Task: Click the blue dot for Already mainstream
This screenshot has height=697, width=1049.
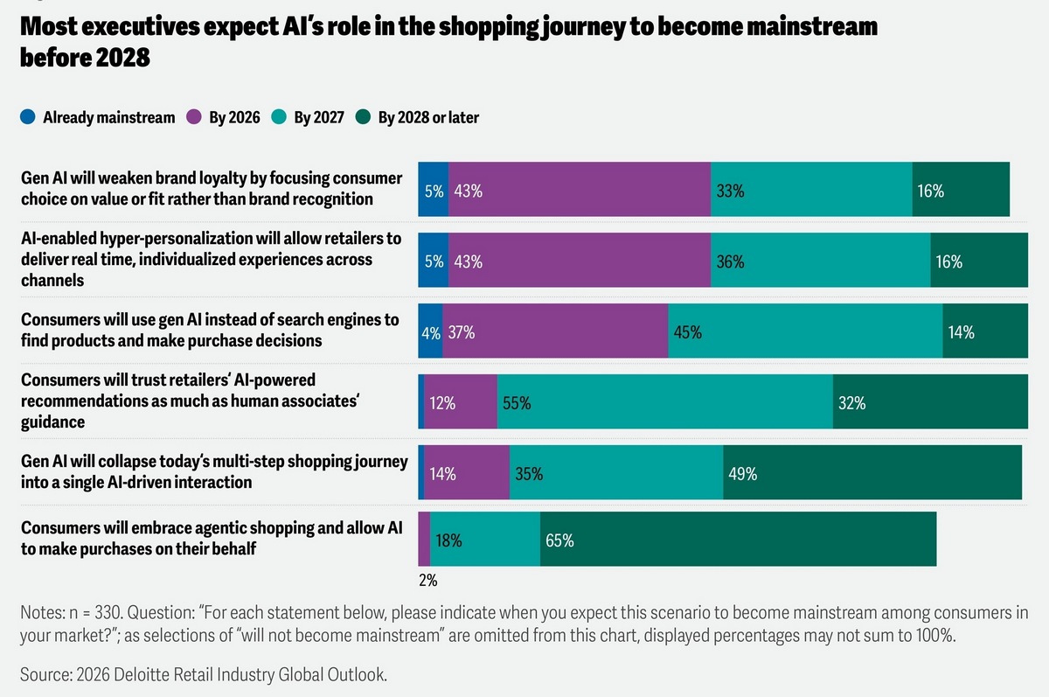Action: coord(29,117)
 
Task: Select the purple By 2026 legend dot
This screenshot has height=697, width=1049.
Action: coord(194,117)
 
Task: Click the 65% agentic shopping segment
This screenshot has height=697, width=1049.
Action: coord(738,540)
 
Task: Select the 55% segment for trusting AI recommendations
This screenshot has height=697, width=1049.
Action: coord(664,402)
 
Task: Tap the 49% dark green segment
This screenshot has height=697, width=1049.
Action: coord(872,473)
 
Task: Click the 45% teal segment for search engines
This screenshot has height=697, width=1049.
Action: coord(805,331)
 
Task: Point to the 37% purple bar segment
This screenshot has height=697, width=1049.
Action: coord(555,331)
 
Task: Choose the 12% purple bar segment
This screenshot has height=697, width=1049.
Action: coord(461,402)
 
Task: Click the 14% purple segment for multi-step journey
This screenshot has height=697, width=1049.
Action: coord(467,473)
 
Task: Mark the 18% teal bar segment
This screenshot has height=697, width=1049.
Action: coord(485,540)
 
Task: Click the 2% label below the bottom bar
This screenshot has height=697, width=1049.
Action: coord(427,580)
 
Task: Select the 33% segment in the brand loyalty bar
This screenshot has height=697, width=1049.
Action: coord(811,190)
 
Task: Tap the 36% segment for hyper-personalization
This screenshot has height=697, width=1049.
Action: coord(820,261)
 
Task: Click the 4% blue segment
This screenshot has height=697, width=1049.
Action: coord(430,331)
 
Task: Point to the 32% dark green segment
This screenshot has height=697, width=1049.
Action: coord(930,402)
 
